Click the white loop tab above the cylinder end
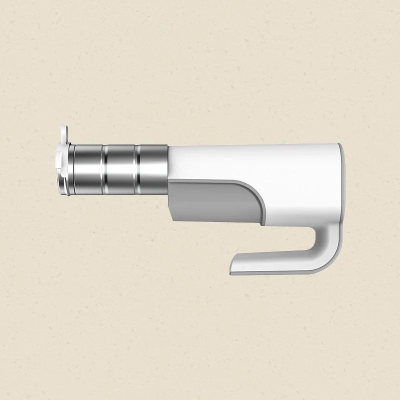click(x=63, y=133)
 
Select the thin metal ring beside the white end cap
click(x=71, y=168)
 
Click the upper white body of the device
click(x=250, y=160)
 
